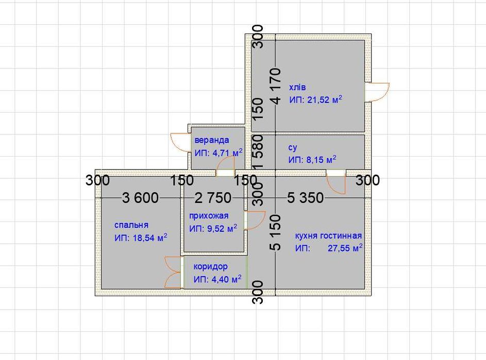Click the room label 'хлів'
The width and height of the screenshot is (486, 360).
(297, 88)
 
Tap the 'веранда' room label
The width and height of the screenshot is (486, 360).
(212, 140)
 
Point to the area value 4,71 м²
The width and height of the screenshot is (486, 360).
(227, 153)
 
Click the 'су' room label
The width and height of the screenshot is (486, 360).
(293, 147)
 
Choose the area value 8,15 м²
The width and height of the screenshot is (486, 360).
(322, 160)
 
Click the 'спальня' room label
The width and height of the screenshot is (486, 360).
(131, 225)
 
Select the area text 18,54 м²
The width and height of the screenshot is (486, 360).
(150, 237)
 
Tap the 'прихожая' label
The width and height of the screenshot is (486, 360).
(209, 216)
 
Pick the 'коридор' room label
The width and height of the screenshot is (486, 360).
(210, 266)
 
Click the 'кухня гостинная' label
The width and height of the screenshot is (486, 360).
(328, 236)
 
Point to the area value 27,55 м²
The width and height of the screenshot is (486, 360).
(345, 248)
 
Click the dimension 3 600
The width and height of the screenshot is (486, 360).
(140, 198)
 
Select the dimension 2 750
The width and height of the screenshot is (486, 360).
(213, 198)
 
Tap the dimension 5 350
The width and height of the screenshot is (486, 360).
(305, 198)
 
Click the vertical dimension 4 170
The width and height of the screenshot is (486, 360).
(276, 86)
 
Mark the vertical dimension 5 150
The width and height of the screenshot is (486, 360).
(276, 232)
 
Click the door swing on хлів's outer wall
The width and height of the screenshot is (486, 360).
(377, 92)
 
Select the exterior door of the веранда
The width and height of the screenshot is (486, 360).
(181, 142)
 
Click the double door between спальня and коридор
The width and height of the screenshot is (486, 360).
(173, 272)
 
